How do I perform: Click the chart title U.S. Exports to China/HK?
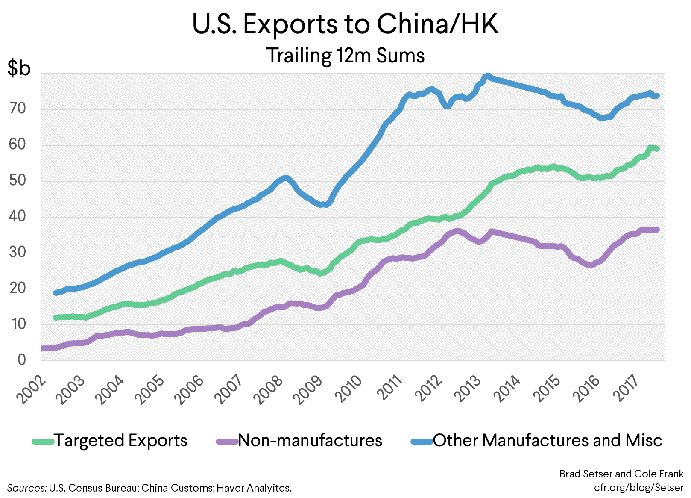[345, 24]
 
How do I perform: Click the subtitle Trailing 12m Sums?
[345, 56]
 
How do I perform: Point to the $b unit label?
[19, 68]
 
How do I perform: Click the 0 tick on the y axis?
[21, 360]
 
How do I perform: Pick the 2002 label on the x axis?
[31, 389]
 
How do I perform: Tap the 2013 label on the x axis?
[468, 389]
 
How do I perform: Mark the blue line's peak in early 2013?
[487, 77]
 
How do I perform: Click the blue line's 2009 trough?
[325, 204]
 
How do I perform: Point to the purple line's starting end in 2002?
[43, 348]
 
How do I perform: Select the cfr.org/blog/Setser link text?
[638, 487]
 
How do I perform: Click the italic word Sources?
[26, 488]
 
